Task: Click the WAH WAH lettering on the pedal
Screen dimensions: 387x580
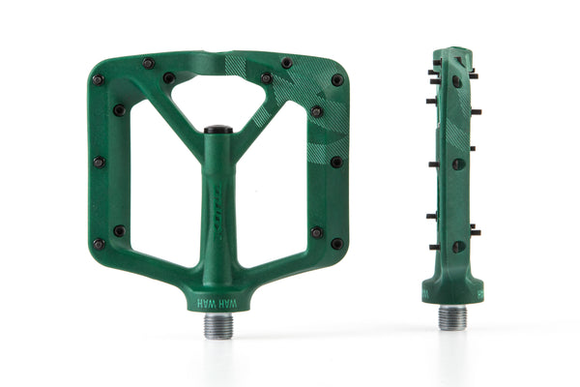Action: coord(217,303)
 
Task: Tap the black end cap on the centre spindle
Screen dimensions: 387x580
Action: coord(217,128)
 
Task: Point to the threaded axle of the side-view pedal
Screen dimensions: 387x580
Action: coord(452,317)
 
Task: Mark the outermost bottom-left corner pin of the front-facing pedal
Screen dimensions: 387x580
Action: coord(98,244)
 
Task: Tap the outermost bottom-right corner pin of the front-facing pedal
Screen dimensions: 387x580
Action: coord(336,244)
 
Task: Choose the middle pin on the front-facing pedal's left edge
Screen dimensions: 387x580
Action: coord(98,163)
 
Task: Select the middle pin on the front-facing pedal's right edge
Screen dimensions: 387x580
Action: coord(336,163)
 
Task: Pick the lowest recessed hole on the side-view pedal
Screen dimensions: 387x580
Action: coord(455,246)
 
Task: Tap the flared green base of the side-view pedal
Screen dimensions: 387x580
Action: coord(452,288)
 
